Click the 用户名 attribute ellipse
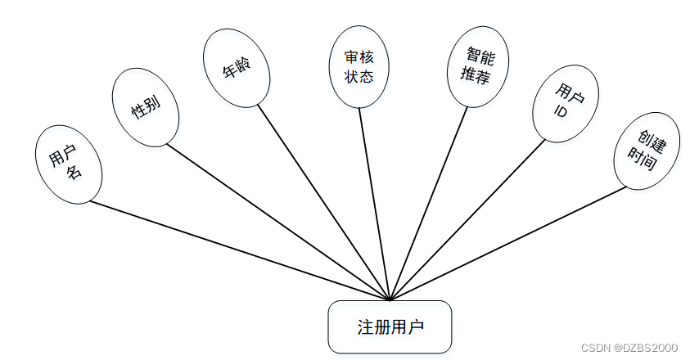(x=69, y=164)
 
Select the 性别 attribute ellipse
(x=145, y=106)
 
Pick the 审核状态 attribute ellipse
(x=359, y=67)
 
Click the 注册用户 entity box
(x=390, y=327)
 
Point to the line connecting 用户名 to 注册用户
(x=237, y=250)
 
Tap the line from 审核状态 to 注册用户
(x=375, y=205)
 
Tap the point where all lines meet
(x=390, y=299)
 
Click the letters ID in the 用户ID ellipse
(x=561, y=112)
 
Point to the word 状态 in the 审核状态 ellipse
(x=359, y=76)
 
